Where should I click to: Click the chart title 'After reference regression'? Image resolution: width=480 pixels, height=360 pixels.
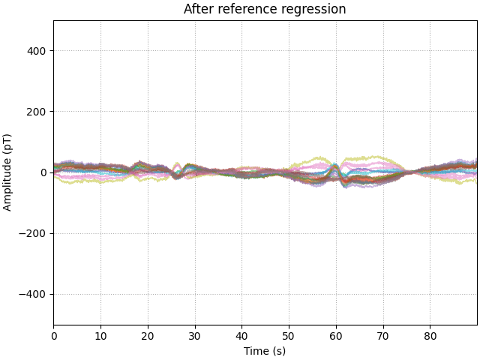265,10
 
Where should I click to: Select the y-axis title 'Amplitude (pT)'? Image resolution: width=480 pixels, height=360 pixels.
7,172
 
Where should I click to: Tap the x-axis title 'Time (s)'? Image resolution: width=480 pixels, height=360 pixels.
265,351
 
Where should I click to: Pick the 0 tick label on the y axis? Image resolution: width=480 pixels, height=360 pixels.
43,172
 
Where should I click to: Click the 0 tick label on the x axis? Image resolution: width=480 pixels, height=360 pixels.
53,336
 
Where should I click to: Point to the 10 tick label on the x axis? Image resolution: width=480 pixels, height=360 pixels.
100,336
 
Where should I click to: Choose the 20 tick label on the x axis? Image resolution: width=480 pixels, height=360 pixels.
148,336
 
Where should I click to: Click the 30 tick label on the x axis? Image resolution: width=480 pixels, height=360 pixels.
195,336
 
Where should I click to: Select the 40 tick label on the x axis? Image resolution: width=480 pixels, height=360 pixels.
241,336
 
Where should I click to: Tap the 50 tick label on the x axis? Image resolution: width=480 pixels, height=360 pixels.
289,336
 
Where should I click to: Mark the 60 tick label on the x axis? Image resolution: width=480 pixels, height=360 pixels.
336,336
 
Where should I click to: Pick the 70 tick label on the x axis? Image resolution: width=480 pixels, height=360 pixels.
383,336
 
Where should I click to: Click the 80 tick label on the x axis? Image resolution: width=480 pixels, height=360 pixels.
430,336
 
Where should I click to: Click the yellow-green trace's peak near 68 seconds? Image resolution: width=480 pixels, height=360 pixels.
374,157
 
